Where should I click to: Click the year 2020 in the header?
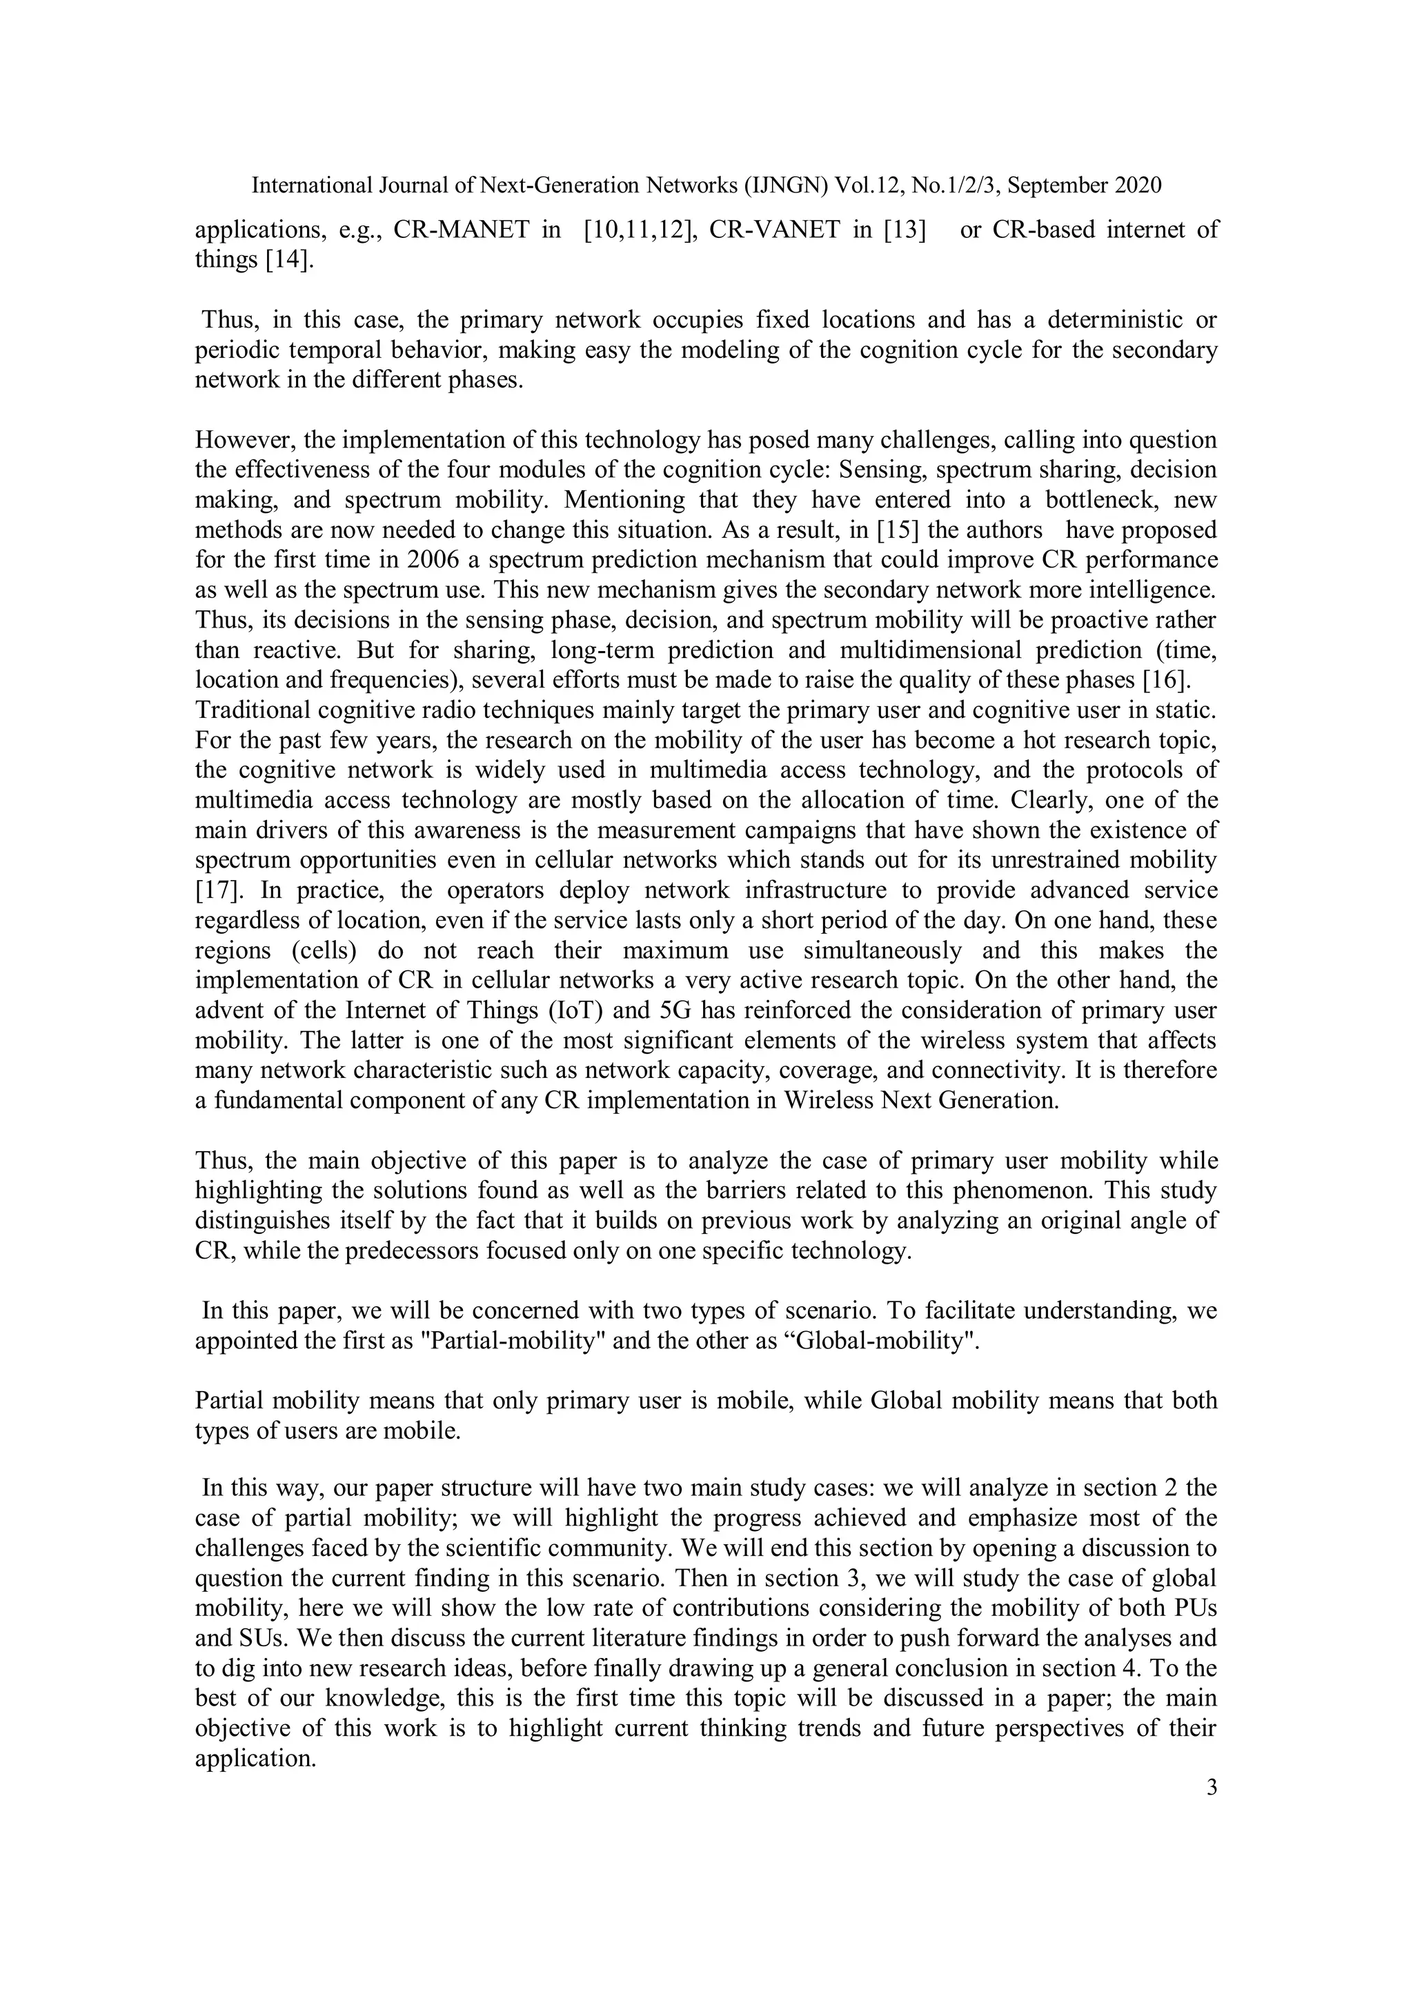click(x=1136, y=186)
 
